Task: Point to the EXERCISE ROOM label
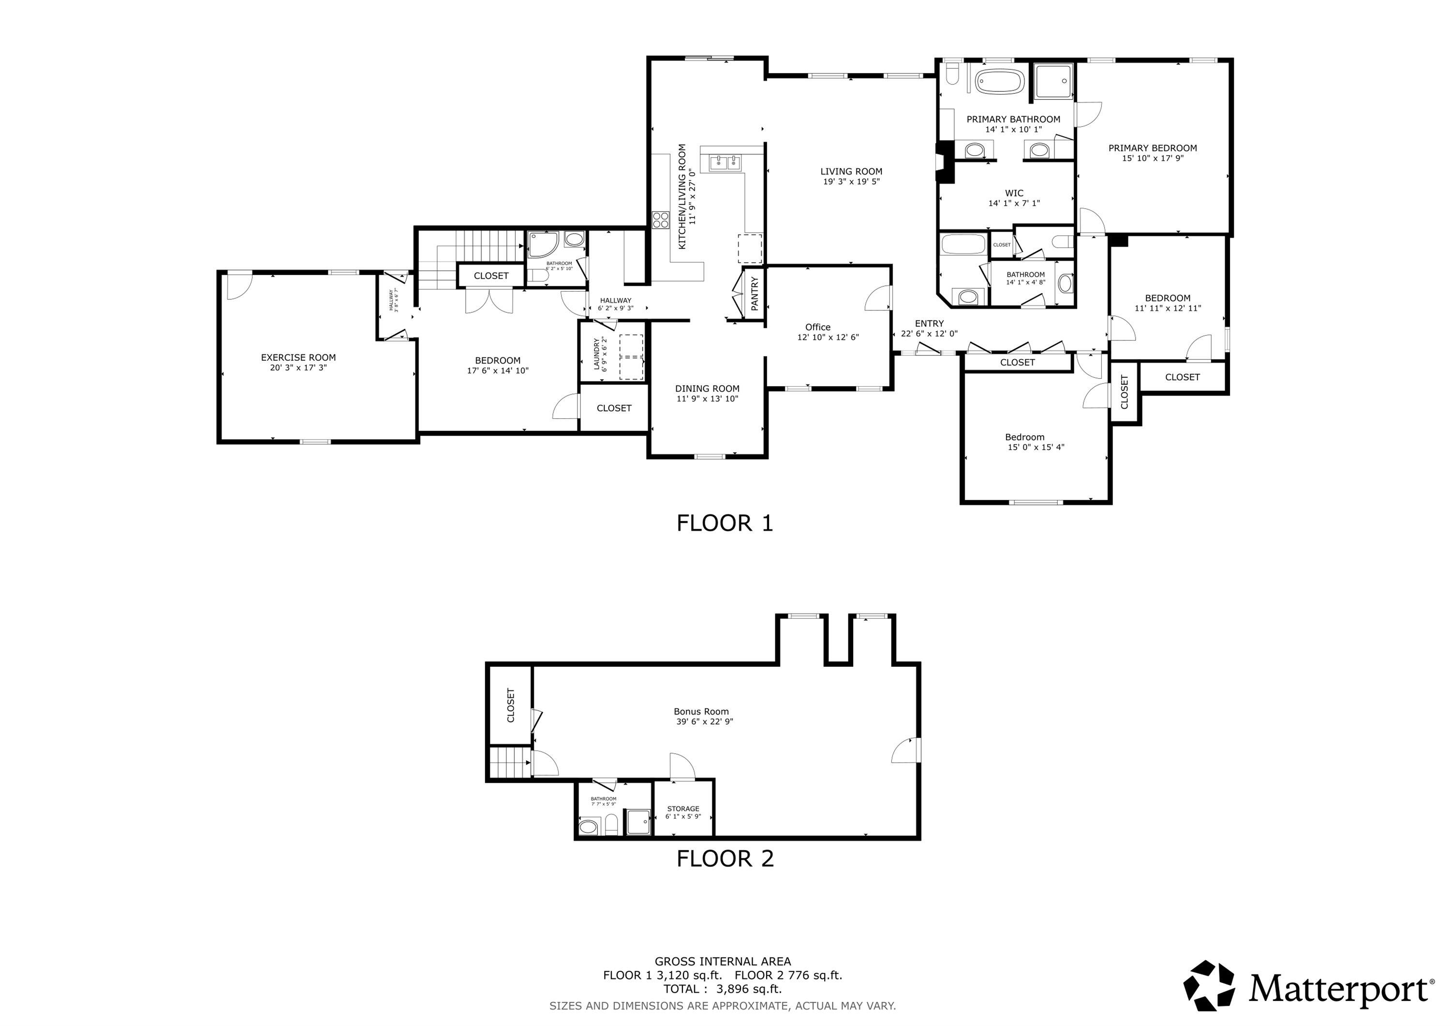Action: coord(298,357)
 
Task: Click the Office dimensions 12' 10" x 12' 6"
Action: coord(828,337)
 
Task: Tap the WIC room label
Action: coord(1014,193)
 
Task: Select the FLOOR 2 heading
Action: coord(725,859)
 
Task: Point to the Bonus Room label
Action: coord(701,711)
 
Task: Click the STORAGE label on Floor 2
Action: coord(682,809)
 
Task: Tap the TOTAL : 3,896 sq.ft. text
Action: coord(722,989)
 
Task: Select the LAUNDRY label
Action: coord(596,354)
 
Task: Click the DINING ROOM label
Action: coord(707,389)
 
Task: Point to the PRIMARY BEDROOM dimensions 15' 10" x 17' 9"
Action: coord(1152,159)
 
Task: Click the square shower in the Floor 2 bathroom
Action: coord(637,822)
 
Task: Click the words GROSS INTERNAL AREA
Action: coord(722,962)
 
